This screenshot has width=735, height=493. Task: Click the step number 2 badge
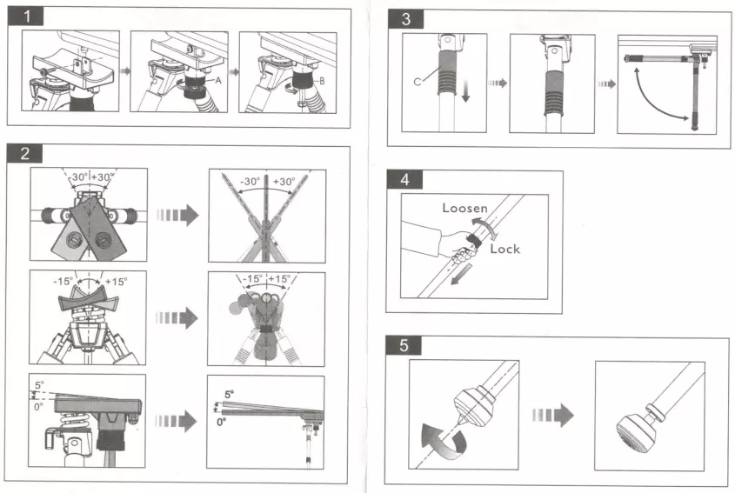point(25,154)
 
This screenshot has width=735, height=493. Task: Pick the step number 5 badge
point(404,345)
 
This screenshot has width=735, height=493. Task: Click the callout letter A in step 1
point(218,77)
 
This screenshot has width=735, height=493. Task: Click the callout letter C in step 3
point(418,81)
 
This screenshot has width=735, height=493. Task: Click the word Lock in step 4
point(504,249)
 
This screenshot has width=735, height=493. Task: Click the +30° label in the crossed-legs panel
point(284,182)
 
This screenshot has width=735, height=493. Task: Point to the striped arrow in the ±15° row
point(178,317)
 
